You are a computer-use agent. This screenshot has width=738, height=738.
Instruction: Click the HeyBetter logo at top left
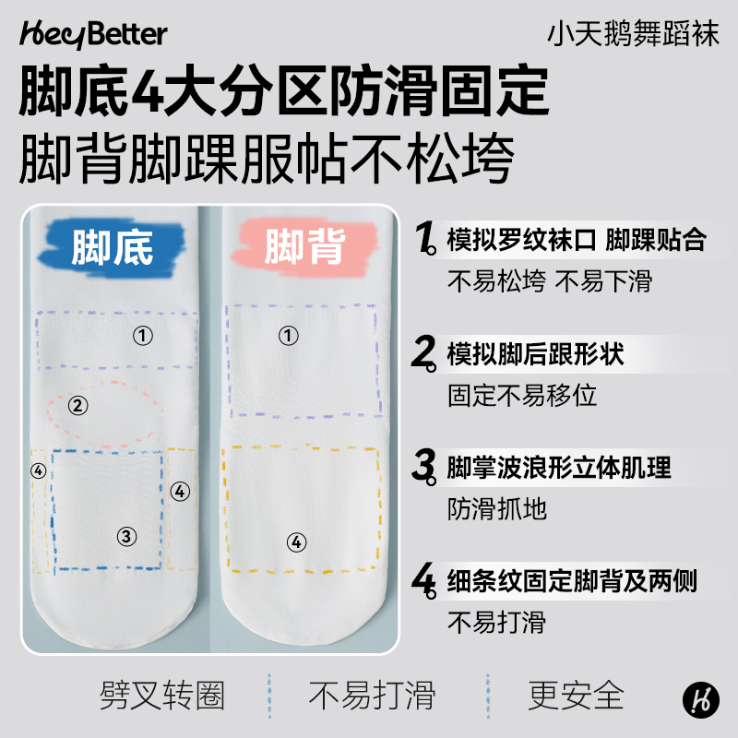92,34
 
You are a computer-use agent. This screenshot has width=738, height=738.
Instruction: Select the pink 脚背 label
304,244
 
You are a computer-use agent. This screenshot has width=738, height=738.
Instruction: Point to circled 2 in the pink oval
78,404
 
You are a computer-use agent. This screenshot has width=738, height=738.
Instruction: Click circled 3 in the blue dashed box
127,536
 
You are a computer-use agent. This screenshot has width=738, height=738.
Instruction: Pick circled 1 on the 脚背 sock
290,336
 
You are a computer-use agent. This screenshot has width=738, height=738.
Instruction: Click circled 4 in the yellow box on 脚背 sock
296,542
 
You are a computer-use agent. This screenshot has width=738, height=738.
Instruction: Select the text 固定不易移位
522,396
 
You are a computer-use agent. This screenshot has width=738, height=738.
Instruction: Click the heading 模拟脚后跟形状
535,353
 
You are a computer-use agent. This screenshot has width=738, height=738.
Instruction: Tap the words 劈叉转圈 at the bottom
162,695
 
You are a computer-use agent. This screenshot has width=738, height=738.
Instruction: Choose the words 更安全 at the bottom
577,695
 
